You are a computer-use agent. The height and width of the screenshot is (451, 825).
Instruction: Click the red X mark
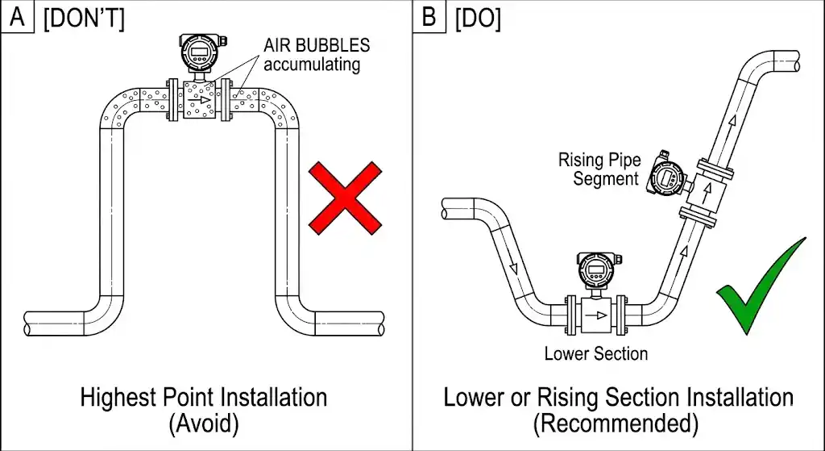345,198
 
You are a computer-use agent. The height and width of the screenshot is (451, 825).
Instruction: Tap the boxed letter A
17,18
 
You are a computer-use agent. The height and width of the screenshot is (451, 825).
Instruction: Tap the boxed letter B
429,18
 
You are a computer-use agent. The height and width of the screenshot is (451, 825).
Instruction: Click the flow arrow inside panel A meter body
198,99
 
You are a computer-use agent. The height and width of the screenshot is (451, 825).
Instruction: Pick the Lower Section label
596,353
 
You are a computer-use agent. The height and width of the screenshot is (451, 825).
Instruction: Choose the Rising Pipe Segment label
599,169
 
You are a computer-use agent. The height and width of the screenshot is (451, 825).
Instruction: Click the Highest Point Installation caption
204,397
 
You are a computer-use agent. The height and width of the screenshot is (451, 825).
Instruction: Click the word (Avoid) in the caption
203,423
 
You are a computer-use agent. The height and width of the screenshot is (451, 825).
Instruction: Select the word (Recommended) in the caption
618,423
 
